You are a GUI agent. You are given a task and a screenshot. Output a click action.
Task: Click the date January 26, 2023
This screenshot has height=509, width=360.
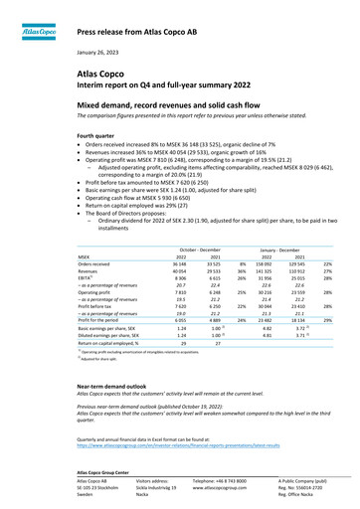click(x=103, y=51)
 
